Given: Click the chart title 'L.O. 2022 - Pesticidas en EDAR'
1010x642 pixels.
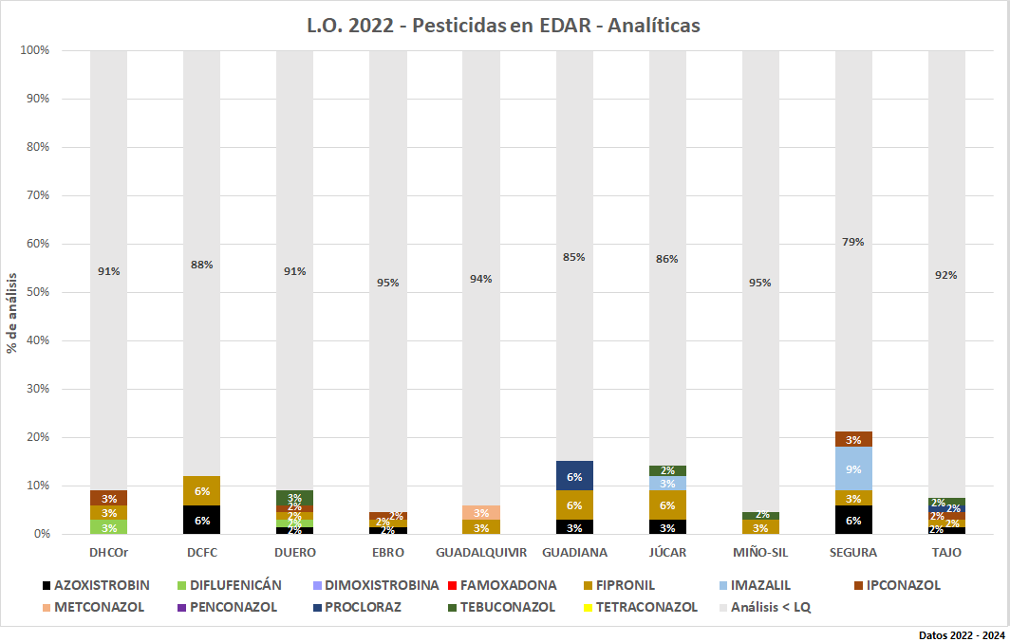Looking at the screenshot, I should tap(504, 26).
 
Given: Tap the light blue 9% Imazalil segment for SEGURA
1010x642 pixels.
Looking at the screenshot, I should tap(853, 468).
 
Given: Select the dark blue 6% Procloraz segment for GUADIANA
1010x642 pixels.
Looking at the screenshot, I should tap(574, 476).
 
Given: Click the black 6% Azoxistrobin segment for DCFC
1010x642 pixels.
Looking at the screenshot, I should tap(202, 520).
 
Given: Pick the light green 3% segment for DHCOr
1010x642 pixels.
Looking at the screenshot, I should tap(109, 527).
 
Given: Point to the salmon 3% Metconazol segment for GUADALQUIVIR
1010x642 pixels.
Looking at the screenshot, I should tap(481, 513).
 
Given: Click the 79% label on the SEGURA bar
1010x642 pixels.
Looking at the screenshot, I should tap(853, 242).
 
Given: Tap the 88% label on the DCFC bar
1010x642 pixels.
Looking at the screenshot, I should tap(202, 265).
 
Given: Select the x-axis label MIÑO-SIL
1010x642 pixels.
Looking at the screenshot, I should tap(760, 552).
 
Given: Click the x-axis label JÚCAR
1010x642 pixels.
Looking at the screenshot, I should tap(667, 552).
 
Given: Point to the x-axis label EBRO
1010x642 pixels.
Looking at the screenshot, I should tap(388, 552).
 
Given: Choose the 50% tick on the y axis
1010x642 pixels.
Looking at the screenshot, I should tap(36, 292).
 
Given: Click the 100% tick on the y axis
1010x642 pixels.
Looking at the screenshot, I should tap(34, 50).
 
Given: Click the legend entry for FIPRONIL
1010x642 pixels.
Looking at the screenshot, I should tap(622, 585).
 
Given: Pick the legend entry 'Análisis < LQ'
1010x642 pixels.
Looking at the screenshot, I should tap(770, 607).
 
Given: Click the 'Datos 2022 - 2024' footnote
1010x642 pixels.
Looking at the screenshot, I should tap(961, 633).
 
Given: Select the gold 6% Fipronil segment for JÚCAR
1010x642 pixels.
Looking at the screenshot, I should tap(667, 505).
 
